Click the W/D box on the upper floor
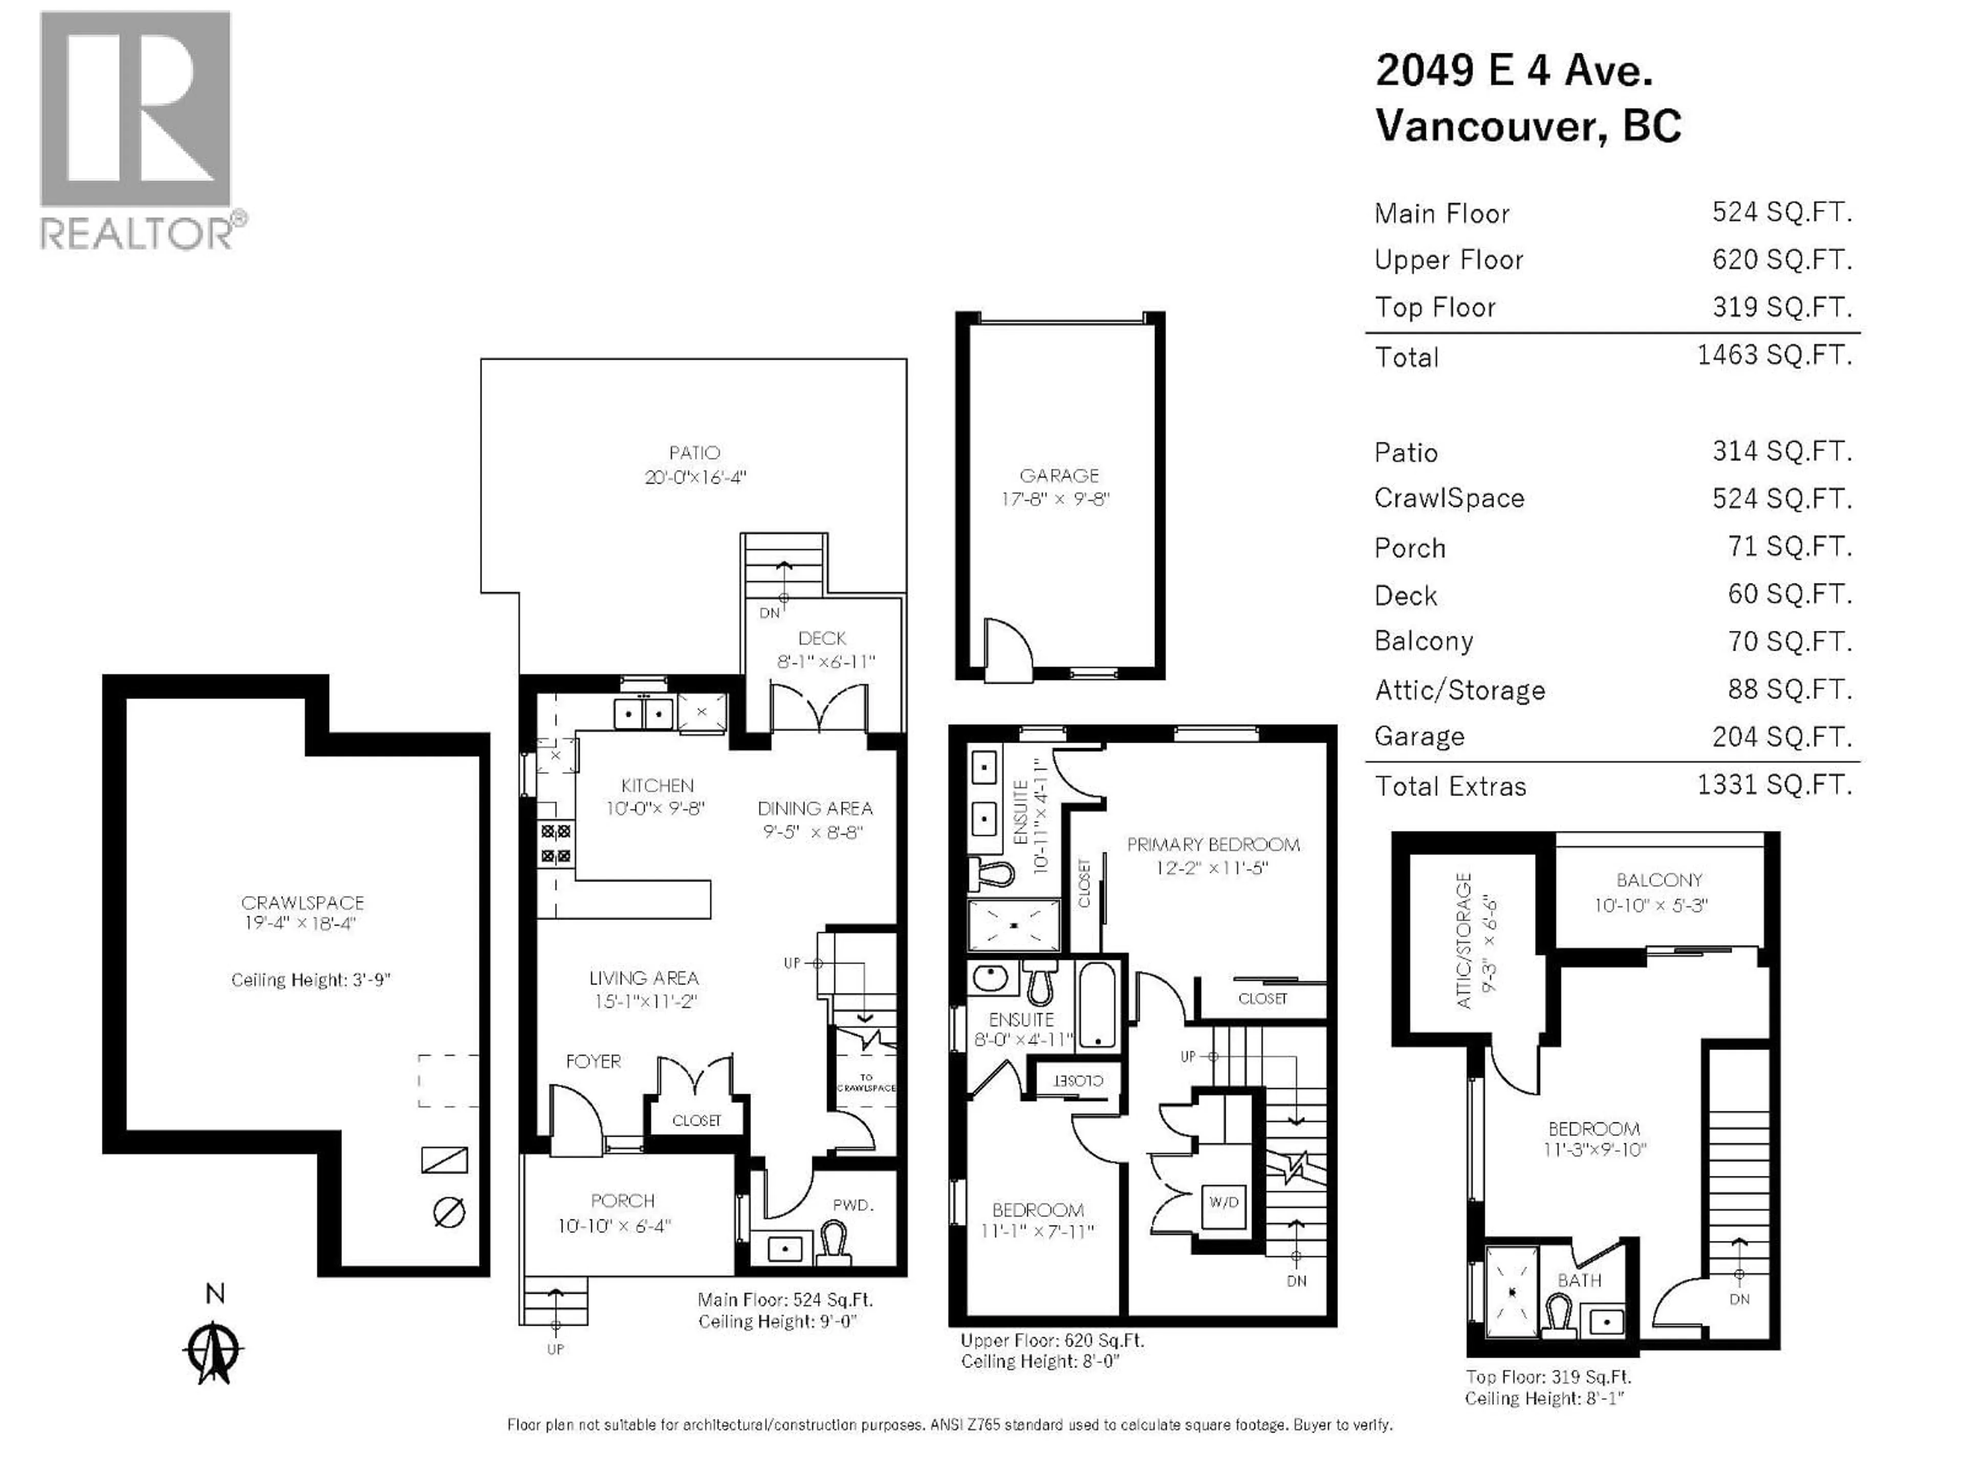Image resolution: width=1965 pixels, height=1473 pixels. pyautogui.click(x=1223, y=1202)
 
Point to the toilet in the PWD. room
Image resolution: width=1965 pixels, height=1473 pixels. pyautogui.click(x=833, y=1239)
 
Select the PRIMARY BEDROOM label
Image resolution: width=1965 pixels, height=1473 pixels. pyautogui.click(x=1213, y=844)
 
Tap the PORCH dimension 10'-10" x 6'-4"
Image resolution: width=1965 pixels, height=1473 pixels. pyautogui.click(x=614, y=1226)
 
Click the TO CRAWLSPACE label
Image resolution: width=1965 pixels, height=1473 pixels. pyautogui.click(x=865, y=1082)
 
